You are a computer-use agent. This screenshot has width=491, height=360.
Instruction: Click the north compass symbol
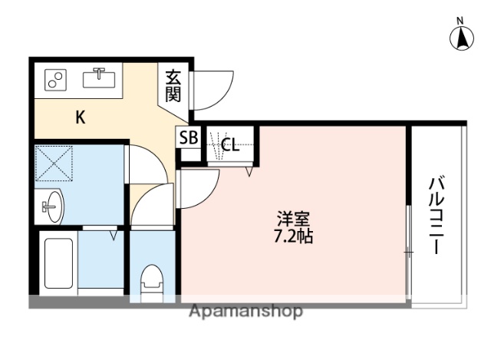[x=462, y=38]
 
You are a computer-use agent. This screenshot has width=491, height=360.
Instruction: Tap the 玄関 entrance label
[x=173, y=86]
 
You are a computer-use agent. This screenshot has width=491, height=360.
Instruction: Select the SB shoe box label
[x=188, y=138]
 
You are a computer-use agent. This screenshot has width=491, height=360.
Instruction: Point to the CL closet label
[x=230, y=144]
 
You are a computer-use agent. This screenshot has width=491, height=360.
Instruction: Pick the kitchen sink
[x=99, y=78]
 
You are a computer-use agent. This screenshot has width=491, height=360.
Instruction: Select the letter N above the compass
[x=462, y=21]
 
